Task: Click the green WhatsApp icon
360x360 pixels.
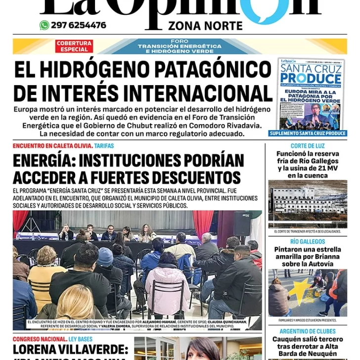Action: tap(45, 25)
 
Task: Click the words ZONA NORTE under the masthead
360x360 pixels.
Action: tap(205, 26)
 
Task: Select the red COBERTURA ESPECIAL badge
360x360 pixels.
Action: tap(74, 46)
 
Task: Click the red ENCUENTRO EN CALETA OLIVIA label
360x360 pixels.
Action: tap(52, 146)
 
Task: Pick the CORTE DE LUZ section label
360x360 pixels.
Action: tap(308, 146)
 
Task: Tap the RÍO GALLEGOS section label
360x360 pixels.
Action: tap(308, 242)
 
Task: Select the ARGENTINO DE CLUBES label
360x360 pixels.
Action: tap(308, 331)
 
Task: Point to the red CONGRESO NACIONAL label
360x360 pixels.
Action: tap(40, 339)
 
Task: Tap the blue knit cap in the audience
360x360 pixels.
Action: tap(105, 256)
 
